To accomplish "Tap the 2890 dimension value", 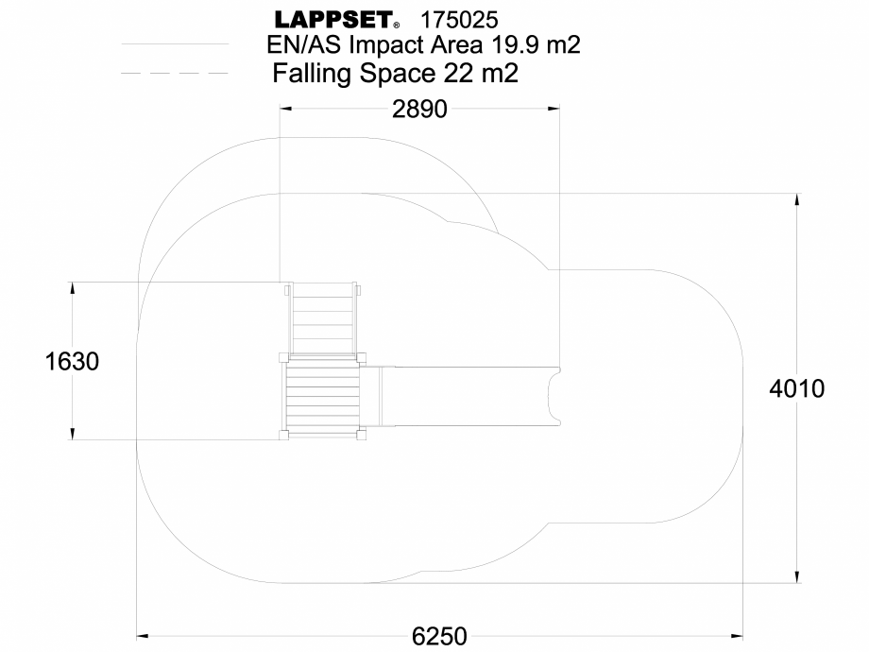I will (419, 109).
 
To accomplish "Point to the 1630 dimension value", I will (73, 361).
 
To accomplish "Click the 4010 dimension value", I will (798, 388).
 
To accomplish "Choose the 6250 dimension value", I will (439, 636).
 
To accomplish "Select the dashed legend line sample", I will (175, 73).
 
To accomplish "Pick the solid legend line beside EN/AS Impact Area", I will (175, 44).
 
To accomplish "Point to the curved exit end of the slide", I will (554, 397).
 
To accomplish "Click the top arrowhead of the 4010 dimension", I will (799, 199).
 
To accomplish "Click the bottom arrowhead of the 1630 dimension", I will (73, 434).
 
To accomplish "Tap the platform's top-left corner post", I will (283, 356).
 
